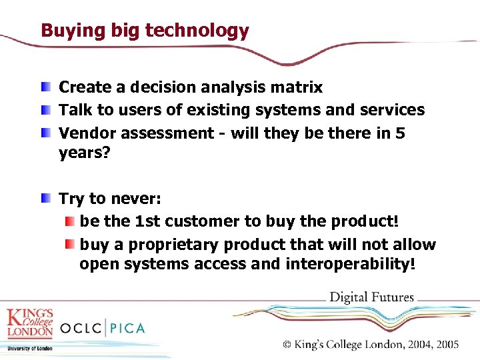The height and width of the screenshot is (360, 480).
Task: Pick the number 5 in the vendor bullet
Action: point(400,133)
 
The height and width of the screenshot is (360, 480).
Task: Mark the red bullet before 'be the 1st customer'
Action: point(70,221)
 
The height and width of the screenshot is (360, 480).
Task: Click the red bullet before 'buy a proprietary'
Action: point(70,244)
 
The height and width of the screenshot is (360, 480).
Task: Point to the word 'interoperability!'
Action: point(351,265)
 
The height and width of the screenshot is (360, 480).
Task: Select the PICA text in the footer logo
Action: point(124,328)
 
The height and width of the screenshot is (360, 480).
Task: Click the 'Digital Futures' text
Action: point(372,298)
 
